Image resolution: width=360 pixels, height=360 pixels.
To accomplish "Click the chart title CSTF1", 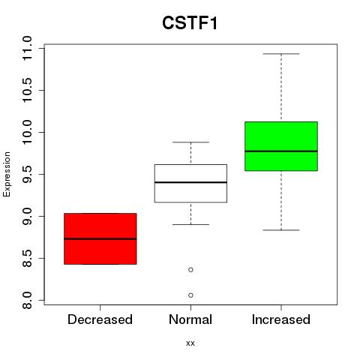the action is pos(190,23).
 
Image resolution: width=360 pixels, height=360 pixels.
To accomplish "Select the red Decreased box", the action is pos(100,238).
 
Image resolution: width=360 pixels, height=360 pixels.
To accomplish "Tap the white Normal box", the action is pos(190,183).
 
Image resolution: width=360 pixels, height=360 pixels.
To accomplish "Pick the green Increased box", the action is pos(281,146).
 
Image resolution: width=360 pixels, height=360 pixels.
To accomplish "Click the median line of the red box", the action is pos(100,239).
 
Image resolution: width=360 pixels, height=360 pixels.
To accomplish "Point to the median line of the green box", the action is pos(281,151).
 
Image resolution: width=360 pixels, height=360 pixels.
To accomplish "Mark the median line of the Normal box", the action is pos(190,182).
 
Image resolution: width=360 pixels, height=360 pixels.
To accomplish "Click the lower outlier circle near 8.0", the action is pos(190,295).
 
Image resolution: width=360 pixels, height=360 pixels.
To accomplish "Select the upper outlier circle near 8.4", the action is pos(190,270).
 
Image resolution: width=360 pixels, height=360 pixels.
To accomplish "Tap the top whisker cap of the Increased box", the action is pos(281,54).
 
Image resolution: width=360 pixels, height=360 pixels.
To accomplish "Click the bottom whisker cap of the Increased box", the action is pos(281,230).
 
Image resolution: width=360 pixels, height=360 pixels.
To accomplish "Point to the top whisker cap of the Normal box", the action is pos(190,142).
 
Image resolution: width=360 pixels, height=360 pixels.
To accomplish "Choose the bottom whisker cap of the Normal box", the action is pos(190,224).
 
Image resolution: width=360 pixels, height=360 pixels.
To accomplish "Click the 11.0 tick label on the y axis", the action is pos(27,48).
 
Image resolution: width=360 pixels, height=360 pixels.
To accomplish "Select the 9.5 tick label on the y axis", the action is pos(27,174).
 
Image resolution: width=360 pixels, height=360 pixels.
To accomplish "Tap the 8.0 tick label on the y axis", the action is pos(27,300).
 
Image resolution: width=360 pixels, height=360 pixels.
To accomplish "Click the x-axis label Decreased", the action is pos(100,319).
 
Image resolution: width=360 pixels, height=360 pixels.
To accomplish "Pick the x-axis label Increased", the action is pos(281,319).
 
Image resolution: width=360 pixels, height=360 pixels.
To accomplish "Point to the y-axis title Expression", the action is pos(7,174).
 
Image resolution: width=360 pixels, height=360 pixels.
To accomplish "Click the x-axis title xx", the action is pos(190,343).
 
